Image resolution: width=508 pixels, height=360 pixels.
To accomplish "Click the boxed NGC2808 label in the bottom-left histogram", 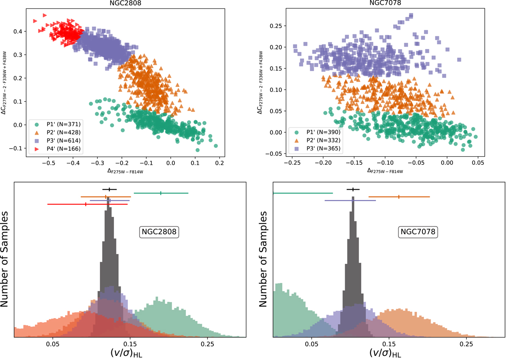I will pos(158,232).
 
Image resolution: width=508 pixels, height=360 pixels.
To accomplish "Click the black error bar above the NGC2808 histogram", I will pos(109,189).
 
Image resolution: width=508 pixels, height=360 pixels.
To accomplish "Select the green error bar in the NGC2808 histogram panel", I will pos(161,193).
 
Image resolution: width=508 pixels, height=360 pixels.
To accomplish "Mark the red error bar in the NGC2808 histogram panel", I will pos(87,204).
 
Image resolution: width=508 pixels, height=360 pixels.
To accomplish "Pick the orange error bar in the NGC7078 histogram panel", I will pos(399,197).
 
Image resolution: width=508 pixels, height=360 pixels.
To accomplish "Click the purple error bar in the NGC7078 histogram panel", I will pos(350,200).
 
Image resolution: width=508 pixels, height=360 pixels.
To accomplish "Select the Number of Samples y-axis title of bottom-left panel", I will pos(6,259).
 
